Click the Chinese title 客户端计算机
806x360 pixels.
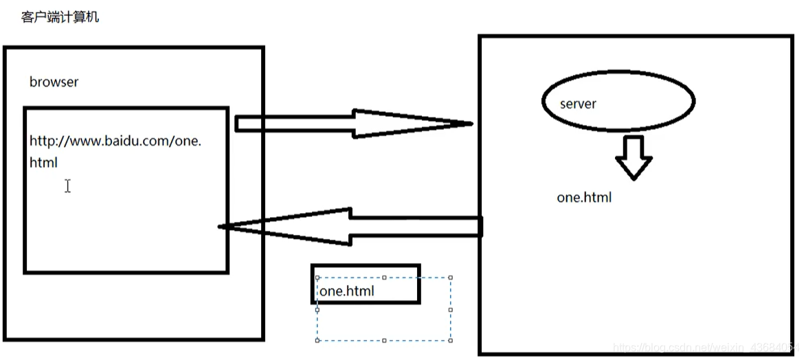click(60, 17)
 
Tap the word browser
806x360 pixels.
click(54, 82)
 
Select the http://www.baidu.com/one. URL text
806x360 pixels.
click(115, 142)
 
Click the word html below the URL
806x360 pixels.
click(43, 163)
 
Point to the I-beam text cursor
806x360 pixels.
click(67, 185)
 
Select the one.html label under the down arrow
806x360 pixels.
click(584, 198)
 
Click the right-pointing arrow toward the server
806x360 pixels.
click(350, 124)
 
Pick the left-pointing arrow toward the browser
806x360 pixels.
click(350, 225)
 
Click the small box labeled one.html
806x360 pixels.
click(365, 284)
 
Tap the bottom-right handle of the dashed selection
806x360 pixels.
click(451, 339)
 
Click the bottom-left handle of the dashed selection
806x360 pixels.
click(317, 339)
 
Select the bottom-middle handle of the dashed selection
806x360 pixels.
click(384, 339)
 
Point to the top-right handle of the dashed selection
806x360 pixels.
click(451, 278)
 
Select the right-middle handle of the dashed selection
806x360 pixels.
click(451, 309)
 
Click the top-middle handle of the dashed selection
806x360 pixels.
click(384, 278)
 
